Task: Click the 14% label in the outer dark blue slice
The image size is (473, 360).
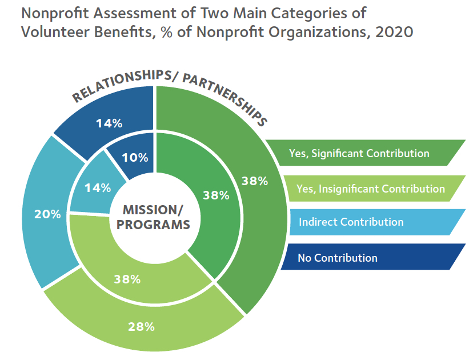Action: point(109,123)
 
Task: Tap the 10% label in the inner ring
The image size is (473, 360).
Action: point(135,158)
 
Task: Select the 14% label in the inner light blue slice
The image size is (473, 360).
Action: point(98,188)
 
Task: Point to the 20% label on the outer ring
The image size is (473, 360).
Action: point(47,214)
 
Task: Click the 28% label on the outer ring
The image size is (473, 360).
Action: point(142,327)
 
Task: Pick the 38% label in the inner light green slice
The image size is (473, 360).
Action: point(127,279)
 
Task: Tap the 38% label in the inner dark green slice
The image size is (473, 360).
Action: point(216,195)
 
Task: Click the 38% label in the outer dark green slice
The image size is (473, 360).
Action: point(255,181)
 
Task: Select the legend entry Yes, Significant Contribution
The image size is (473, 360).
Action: point(359,153)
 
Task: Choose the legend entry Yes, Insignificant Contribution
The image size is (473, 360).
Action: point(371,189)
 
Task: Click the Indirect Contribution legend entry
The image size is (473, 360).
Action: point(351,222)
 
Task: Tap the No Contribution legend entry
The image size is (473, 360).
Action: point(338,258)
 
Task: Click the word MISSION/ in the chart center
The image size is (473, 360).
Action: point(153,210)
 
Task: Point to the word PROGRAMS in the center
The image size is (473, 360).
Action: point(153,225)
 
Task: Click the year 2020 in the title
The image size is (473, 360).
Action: point(394,32)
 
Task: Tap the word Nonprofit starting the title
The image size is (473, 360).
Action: point(55,14)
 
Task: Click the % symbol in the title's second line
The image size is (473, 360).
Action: point(166,33)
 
